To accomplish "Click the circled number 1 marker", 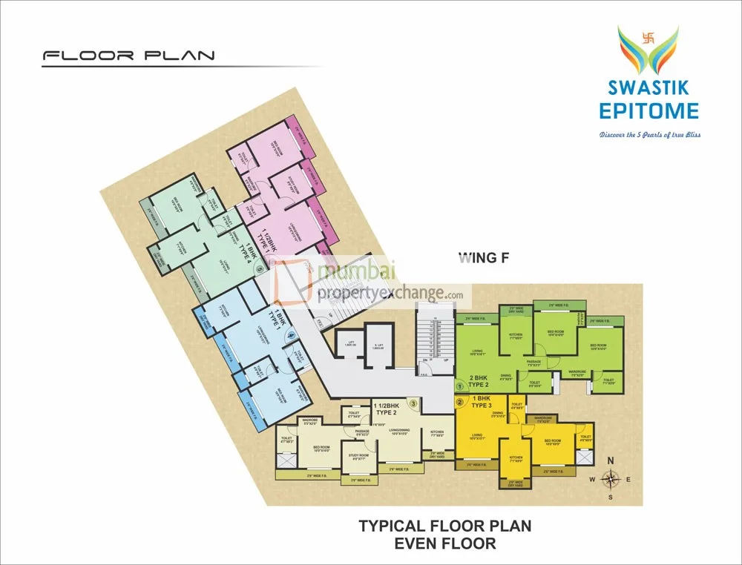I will [x=459, y=386].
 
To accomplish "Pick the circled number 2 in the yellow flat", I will [x=459, y=403].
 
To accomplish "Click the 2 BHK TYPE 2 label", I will [x=478, y=381].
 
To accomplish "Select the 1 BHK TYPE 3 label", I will [x=479, y=403].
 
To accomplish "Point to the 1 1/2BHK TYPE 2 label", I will [x=387, y=407].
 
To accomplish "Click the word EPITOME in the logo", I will [x=649, y=111].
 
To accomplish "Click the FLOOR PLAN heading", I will [x=128, y=56].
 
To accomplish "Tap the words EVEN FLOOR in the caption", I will [x=445, y=543].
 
